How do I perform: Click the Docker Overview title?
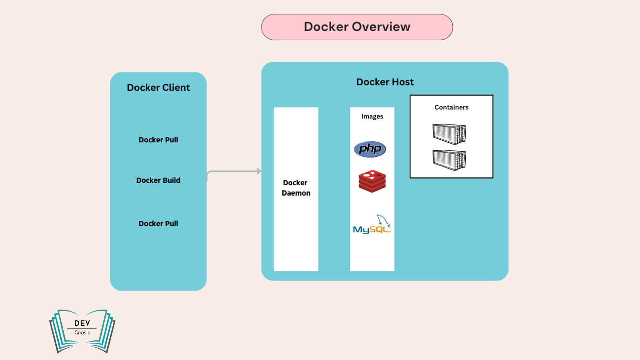[357, 27]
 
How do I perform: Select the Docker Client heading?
[158, 88]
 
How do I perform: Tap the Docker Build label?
[158, 180]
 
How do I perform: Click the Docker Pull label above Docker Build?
[158, 140]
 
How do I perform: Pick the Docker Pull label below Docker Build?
[158, 224]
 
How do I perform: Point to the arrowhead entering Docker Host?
[259, 171]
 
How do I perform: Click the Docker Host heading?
[385, 82]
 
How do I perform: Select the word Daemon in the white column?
[296, 193]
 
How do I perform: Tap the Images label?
[372, 116]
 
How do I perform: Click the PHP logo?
[370, 149]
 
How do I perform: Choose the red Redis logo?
[372, 181]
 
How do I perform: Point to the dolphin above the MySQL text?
[383, 220]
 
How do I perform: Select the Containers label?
[451, 107]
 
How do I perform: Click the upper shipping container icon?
[449, 134]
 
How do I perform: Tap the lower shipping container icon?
[449, 160]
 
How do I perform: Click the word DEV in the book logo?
[82, 323]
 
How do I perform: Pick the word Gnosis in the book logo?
[82, 333]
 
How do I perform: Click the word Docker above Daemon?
[295, 183]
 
